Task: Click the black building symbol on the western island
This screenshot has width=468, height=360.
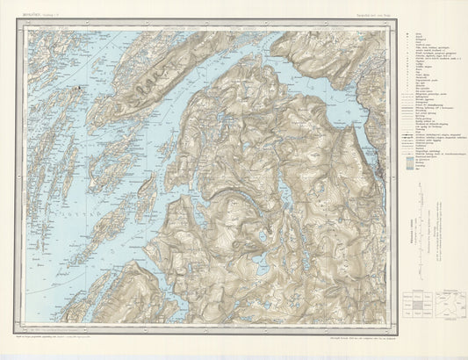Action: (x=78, y=87)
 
